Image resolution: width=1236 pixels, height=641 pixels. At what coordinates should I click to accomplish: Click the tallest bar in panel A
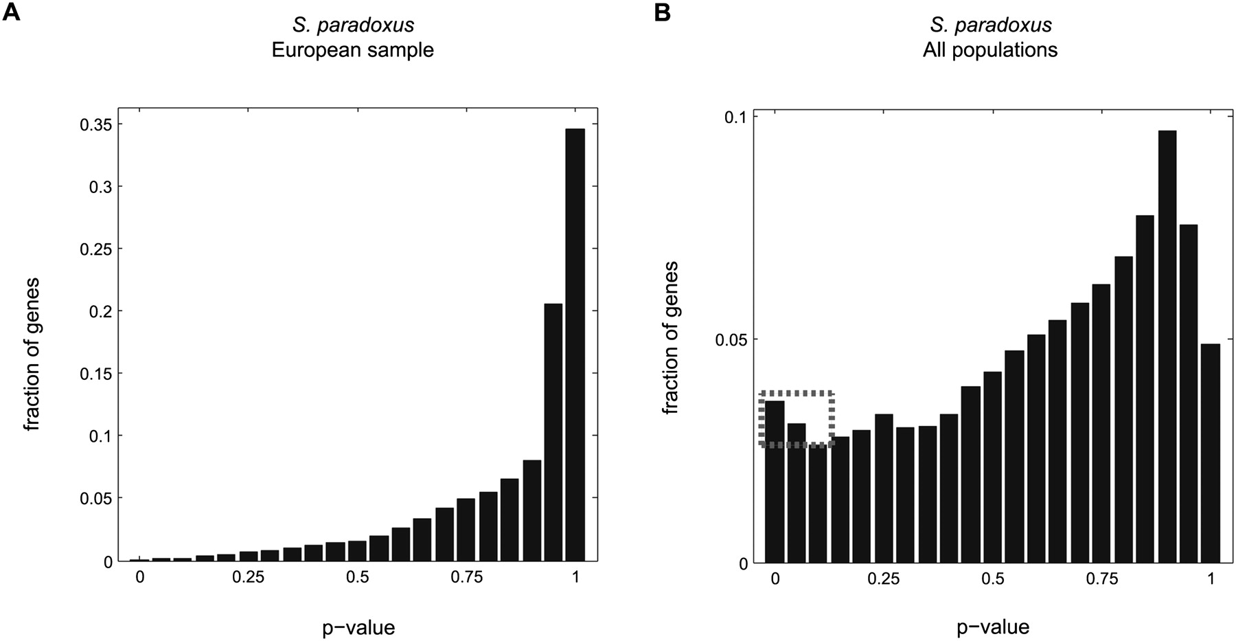point(575,344)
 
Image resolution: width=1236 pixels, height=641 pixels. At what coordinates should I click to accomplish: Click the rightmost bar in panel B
point(1211,453)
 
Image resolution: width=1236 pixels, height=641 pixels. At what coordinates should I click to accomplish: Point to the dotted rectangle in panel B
point(797,393)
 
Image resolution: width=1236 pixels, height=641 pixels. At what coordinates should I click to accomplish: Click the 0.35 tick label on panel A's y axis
point(95,124)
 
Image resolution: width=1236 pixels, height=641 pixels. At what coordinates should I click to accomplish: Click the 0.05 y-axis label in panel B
point(730,340)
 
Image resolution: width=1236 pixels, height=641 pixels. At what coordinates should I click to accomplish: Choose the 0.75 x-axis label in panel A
point(466,578)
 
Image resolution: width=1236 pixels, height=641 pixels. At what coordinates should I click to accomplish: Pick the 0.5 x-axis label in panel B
point(993,579)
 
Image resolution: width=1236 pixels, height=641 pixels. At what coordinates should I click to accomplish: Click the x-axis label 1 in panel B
point(1211,579)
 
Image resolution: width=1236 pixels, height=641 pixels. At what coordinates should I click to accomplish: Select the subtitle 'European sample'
point(352,50)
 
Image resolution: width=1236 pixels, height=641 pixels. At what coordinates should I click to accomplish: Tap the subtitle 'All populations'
point(989,50)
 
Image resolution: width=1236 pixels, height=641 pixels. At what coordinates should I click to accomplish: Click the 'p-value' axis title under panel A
point(358,627)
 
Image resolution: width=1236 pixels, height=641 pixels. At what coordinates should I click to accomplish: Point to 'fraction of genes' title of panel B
point(671,337)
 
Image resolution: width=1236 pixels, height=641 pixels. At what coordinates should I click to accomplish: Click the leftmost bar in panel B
point(775,481)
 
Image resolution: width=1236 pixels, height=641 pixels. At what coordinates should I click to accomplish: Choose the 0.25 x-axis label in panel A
point(248,578)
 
